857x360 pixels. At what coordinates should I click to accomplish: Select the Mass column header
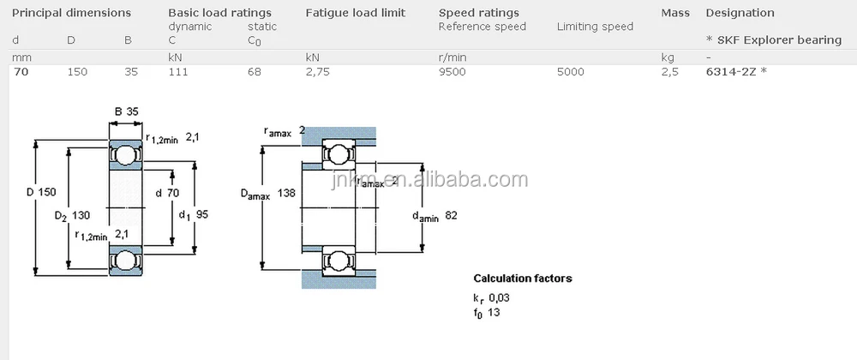pyautogui.click(x=675, y=13)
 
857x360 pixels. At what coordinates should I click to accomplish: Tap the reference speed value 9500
pyautogui.click(x=452, y=72)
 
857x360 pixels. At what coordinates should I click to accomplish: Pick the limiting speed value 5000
pyautogui.click(x=570, y=72)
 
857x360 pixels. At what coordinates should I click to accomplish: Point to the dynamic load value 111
pyautogui.click(x=177, y=72)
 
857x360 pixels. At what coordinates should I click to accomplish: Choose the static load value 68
pyautogui.click(x=255, y=72)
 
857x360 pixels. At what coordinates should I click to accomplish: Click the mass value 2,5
pyautogui.click(x=669, y=72)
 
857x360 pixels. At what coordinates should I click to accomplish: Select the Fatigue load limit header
pyautogui.click(x=355, y=13)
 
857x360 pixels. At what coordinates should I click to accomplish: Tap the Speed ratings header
pyautogui.click(x=478, y=13)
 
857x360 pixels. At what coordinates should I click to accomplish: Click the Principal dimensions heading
pyautogui.click(x=71, y=13)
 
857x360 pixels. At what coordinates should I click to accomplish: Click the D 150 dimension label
pyautogui.click(x=41, y=192)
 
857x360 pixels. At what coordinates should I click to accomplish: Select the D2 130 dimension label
pyautogui.click(x=72, y=215)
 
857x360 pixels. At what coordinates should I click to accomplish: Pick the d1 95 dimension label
pyautogui.click(x=193, y=215)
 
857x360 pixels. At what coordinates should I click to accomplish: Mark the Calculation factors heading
pyautogui.click(x=522, y=279)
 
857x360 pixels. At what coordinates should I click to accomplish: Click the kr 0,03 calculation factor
pyautogui.click(x=491, y=297)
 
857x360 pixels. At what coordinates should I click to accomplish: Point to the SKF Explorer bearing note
pyautogui.click(x=773, y=40)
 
